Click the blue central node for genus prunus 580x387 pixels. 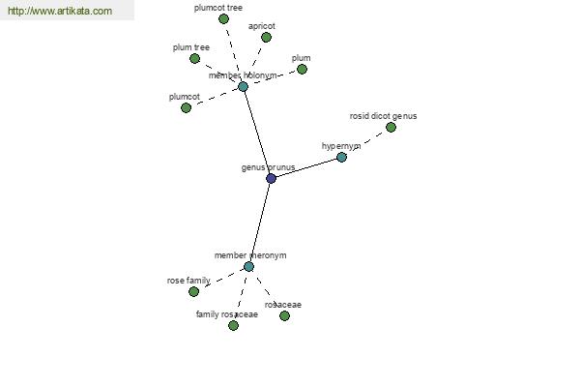click(271, 178)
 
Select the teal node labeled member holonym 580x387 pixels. click(243, 87)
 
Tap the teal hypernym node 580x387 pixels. click(341, 157)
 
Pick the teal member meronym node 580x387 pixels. click(248, 266)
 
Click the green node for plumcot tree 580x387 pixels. click(223, 18)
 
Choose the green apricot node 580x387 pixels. click(266, 37)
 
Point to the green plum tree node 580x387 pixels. click(194, 58)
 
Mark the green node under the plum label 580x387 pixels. click(302, 70)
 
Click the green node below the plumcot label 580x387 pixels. click(186, 107)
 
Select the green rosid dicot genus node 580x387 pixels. click(391, 128)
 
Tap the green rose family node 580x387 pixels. click(193, 292)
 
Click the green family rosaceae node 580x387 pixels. click(233, 325)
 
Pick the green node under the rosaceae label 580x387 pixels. click(284, 316)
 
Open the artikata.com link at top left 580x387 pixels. click(60, 11)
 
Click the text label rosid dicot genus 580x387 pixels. click(383, 116)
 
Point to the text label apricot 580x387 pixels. click(262, 26)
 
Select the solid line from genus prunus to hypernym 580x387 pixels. click(306, 167)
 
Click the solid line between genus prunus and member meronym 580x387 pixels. click(260, 223)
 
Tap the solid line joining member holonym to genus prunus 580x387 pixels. click(257, 133)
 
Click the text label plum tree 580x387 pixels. click(191, 47)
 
